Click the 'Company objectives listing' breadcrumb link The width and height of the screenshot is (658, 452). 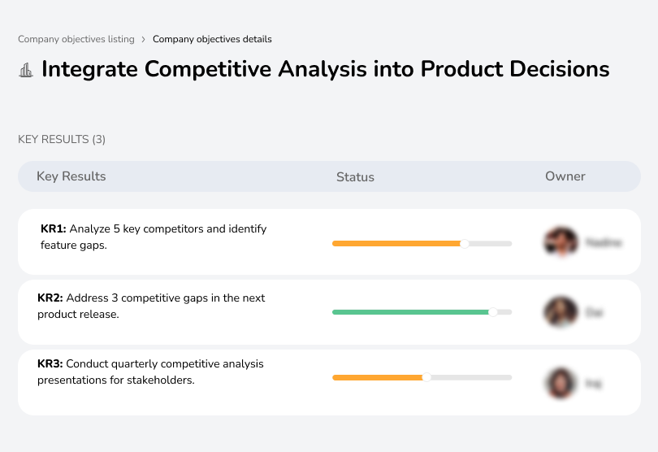[x=76, y=39]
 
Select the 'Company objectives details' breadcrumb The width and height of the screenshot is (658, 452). [x=212, y=39]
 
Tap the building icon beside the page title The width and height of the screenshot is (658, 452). [x=26, y=70]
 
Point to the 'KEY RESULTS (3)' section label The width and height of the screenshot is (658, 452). [x=62, y=140]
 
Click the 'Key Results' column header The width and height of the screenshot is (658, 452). [x=71, y=176]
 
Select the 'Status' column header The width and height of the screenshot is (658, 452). [x=355, y=177]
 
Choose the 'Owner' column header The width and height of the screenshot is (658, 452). [x=565, y=176]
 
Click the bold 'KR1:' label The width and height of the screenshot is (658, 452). [x=54, y=229]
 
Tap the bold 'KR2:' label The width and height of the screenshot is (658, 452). [x=50, y=298]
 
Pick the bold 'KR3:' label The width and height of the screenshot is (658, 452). [x=50, y=364]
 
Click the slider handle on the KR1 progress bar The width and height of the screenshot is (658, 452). [x=465, y=243]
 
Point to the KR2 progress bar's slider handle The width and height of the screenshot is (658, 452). [x=492, y=311]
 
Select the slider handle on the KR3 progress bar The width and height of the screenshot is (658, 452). [x=426, y=377]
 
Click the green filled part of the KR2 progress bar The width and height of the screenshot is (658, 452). [x=410, y=311]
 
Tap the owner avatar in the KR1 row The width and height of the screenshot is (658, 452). [x=561, y=242]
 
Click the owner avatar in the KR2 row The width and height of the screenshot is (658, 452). [x=561, y=311]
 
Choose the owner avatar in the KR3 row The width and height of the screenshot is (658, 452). [x=561, y=383]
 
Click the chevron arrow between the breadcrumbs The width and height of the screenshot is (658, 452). [x=144, y=39]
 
